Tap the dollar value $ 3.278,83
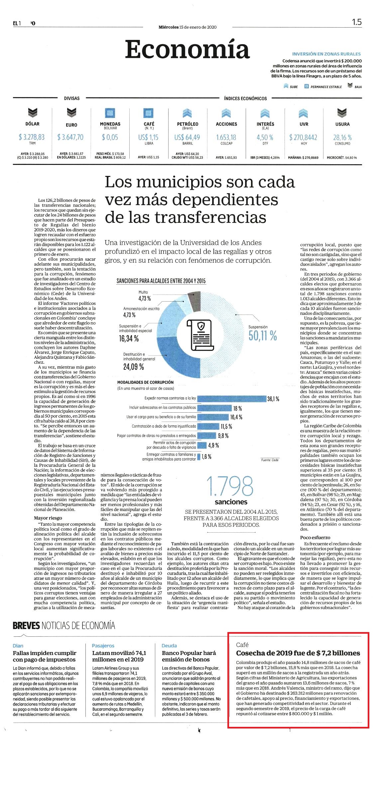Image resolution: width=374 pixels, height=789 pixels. tap(32, 137)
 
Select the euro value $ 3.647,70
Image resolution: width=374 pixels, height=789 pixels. tap(70, 137)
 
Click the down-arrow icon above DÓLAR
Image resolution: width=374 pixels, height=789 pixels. tap(32, 113)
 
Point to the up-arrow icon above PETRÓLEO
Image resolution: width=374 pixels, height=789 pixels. tap(187, 113)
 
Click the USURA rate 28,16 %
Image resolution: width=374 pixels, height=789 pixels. tap(342, 137)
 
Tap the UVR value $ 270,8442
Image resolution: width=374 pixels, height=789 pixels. tap(303, 137)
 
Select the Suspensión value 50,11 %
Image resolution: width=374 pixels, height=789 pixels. tap(263, 336)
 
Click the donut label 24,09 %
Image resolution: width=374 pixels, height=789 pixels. tap(133, 367)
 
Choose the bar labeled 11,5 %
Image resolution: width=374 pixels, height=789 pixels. tap(208, 426)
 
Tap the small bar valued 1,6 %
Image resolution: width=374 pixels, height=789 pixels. tap(199, 457)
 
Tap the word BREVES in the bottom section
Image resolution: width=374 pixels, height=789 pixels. tap(26, 625)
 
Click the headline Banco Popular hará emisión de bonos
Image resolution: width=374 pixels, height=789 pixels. tap(189, 656)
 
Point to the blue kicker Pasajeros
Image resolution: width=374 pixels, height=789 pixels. tap(103, 646)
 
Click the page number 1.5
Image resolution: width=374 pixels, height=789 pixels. tap(357, 22)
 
